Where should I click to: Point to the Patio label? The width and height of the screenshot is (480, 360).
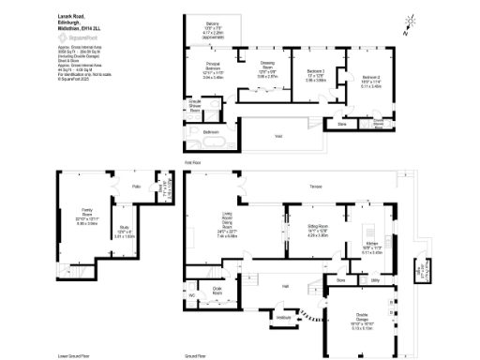pos(136,187)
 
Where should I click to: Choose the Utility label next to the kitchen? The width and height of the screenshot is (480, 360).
pos(374,278)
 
